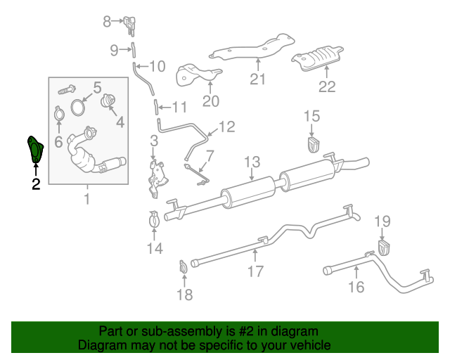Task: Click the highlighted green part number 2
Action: [34, 149]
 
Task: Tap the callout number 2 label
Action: [35, 185]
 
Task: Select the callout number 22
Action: [327, 87]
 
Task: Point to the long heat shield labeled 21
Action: [253, 49]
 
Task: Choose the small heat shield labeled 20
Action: [199, 75]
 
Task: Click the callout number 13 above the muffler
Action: [252, 163]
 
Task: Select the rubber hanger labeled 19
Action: [384, 247]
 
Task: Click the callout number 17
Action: [255, 271]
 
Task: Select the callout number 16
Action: [356, 286]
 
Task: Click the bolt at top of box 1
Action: [66, 90]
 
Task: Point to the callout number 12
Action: [227, 127]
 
